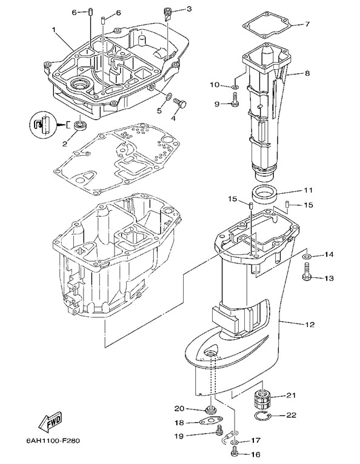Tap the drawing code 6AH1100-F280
53,440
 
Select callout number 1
53,30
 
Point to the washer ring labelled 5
168,96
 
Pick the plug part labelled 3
167,13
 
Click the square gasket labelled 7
268,25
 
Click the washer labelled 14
306,256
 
